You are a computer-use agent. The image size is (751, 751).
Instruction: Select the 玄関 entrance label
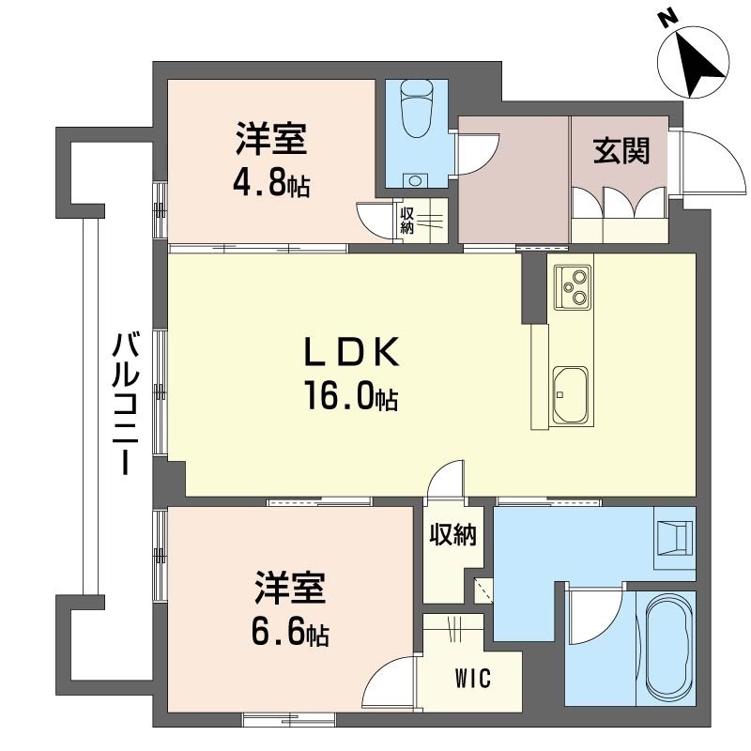(x=621, y=150)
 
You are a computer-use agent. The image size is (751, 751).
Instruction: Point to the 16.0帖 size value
(x=349, y=397)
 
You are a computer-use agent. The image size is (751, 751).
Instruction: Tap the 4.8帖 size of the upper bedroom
(x=270, y=182)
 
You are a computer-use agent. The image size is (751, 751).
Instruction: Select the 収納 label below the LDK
(x=453, y=535)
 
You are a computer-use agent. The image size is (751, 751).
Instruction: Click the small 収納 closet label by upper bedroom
(x=406, y=221)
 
